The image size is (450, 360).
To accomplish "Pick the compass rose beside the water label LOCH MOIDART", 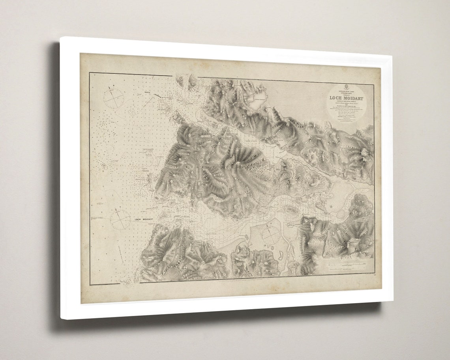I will coord(120,220).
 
